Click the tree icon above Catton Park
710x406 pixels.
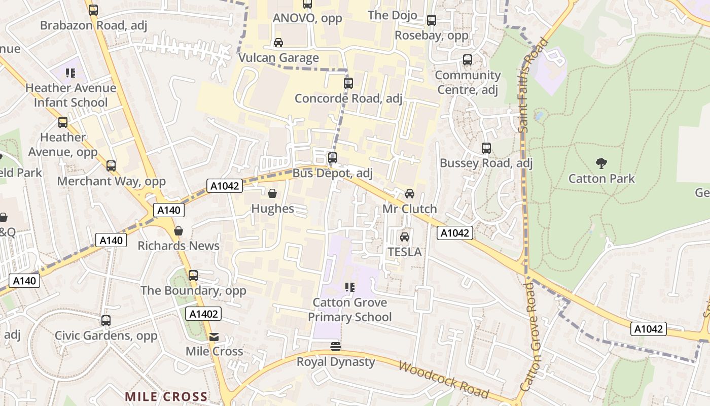(601, 163)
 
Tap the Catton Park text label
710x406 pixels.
(601, 179)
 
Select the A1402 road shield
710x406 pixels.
(203, 314)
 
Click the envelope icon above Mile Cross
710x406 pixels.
(214, 337)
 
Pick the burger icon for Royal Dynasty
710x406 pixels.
(335, 347)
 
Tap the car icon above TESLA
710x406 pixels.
(405, 237)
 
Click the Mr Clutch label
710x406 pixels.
(409, 209)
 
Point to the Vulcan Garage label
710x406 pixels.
(278, 58)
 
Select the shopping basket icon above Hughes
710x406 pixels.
(272, 193)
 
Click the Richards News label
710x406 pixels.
(179, 246)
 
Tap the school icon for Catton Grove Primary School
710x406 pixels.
(349, 287)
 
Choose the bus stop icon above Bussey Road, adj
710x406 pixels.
(486, 148)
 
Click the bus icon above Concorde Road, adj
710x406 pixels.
(348, 83)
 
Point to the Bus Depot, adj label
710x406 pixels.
(332, 173)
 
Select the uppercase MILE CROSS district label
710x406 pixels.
(166, 396)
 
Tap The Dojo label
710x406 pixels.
(393, 15)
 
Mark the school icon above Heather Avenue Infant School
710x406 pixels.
(70, 73)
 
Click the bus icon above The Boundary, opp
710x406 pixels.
(193, 276)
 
